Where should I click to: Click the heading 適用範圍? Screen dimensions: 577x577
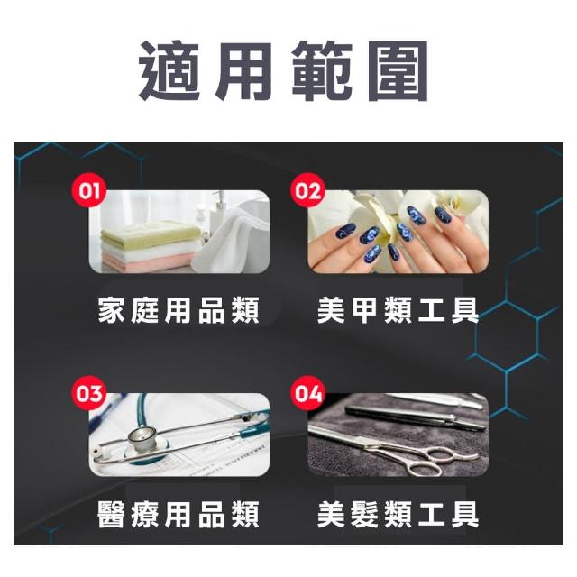[x=283, y=71]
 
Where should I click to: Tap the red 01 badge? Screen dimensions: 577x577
[x=89, y=190]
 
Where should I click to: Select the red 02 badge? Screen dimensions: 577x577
[x=308, y=190]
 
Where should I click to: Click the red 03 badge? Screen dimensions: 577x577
[x=89, y=393]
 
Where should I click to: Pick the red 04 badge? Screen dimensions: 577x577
[x=308, y=393]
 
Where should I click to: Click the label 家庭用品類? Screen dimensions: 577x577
[x=179, y=311]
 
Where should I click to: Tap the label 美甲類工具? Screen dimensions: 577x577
[x=398, y=311]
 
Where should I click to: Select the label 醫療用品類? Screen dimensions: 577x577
[x=179, y=514]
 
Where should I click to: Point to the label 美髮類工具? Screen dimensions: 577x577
[x=398, y=514]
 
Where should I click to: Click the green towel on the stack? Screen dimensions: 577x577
[x=151, y=232]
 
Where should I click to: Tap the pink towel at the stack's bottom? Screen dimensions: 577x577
[x=147, y=262]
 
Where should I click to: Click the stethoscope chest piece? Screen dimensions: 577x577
[x=142, y=440]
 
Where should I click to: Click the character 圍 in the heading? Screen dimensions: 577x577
[x=398, y=71]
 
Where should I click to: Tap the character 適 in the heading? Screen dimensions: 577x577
[x=169, y=71]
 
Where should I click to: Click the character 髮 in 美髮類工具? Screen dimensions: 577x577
[x=364, y=514]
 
